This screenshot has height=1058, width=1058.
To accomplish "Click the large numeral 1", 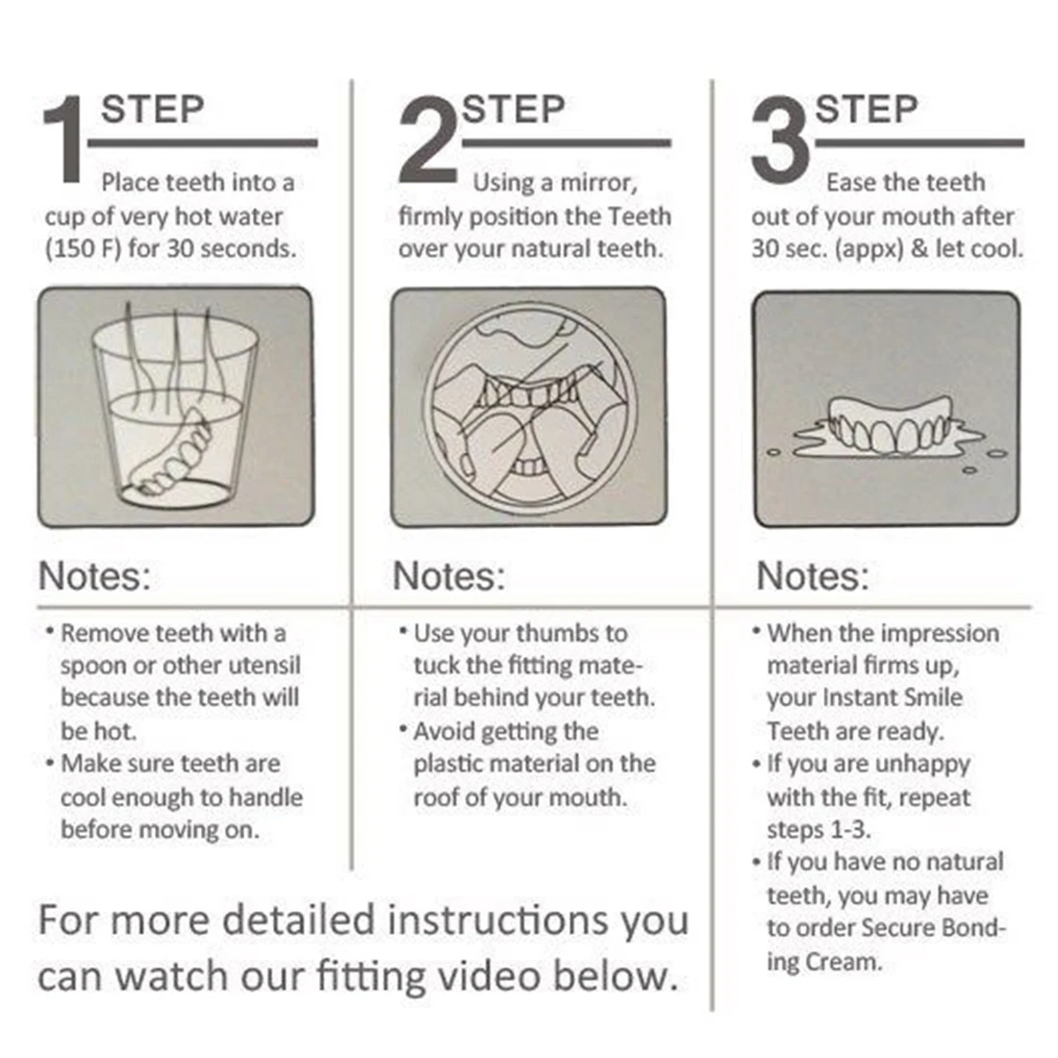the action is (63, 139).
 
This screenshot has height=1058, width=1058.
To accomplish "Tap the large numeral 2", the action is (428, 139).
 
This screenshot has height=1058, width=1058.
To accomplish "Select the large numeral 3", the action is (781, 139).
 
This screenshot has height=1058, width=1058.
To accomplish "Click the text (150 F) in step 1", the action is (83, 248).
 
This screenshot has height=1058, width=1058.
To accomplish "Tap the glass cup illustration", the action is (175, 408).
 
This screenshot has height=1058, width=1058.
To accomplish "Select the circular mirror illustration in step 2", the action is (530, 408).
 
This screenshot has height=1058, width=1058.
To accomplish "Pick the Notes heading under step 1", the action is (94, 576).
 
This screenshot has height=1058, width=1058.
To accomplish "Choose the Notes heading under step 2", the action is (449, 576).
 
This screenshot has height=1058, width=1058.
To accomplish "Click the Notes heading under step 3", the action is (813, 576).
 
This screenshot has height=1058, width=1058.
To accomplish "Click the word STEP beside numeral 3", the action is (867, 110).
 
